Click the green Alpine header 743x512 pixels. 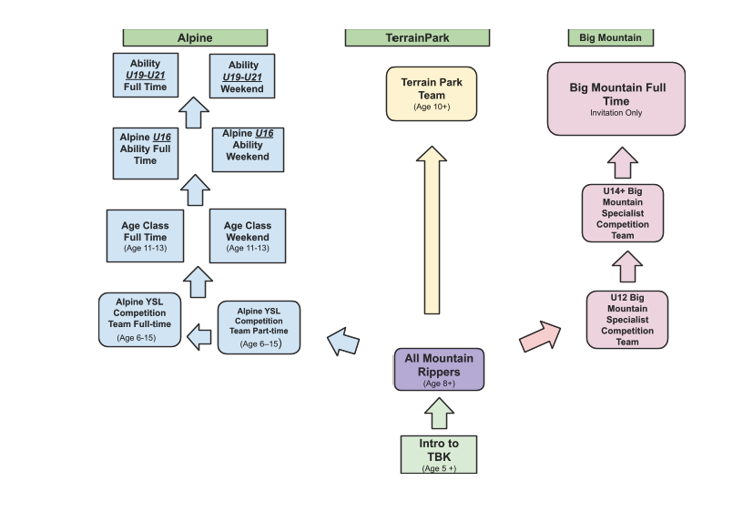[195, 37]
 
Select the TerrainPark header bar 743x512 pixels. [417, 37]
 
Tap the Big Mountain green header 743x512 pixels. [611, 37]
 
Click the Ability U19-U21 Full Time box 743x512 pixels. [146, 75]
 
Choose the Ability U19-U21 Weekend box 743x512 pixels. [242, 76]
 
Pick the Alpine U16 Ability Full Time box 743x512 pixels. [146, 153]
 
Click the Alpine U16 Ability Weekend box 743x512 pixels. [248, 149]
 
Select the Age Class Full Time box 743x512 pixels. [145, 236]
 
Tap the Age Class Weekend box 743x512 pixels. [248, 236]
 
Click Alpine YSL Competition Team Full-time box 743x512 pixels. [140, 320]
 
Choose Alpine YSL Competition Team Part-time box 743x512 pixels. [259, 327]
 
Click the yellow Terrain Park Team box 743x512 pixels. [432, 94]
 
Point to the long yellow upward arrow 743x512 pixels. [432, 230]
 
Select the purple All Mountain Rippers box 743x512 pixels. [439, 370]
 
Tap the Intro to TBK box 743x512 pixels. [439, 455]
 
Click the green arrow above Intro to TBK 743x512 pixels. [439, 414]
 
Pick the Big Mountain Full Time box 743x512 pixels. [616, 98]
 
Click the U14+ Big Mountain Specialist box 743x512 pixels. [623, 213]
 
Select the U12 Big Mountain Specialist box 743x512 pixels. [627, 320]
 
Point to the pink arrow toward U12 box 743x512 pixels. [541, 335]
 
